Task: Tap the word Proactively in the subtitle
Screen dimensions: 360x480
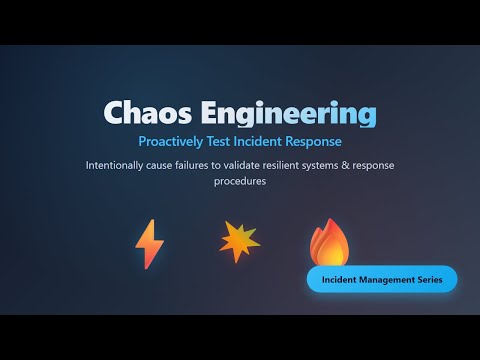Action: coord(173,142)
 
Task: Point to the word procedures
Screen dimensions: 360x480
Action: coord(240,182)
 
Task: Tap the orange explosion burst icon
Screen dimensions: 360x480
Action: coord(239,241)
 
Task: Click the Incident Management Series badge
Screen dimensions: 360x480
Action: coord(381,279)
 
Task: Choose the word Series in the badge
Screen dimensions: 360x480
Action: coord(427,279)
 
